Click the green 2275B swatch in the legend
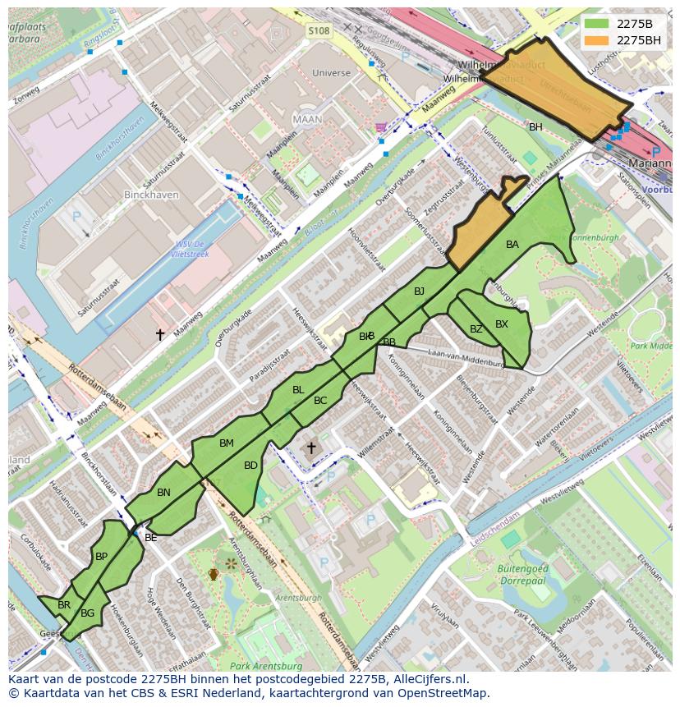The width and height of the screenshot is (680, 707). (596, 24)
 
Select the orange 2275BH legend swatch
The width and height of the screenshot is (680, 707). (596, 39)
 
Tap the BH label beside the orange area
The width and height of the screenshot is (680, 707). (535, 127)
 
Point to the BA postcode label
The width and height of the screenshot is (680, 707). (512, 245)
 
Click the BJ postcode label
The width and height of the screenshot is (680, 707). (419, 292)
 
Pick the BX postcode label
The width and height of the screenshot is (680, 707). (501, 324)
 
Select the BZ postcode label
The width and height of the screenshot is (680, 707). (476, 329)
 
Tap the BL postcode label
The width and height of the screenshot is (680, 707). (298, 390)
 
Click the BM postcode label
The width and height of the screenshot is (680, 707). (227, 443)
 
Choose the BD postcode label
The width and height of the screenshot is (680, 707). (250, 466)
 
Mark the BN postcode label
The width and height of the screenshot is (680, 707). (163, 493)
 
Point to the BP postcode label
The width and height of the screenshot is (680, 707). (101, 557)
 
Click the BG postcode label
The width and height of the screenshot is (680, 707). (88, 613)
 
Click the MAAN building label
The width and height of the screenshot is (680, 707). (307, 119)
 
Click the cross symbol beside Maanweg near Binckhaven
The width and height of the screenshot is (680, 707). (160, 334)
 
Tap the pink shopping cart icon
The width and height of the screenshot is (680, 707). (380, 126)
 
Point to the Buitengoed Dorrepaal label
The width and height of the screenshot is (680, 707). (522, 574)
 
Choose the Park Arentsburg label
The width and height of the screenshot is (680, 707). (262, 666)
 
